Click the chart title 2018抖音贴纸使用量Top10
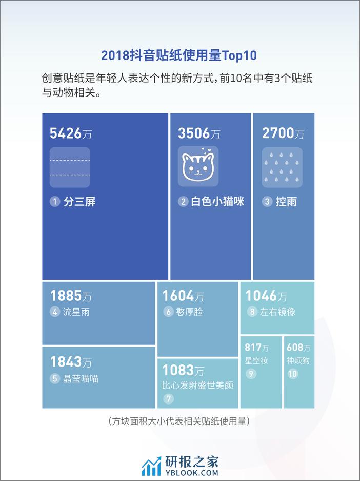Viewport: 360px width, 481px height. coord(179,55)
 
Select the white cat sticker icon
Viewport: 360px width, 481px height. coord(198,166)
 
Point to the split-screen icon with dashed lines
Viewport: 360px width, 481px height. coord(70,167)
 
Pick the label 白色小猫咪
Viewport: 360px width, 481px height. coord(217,202)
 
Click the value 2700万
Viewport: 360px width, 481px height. coord(283,133)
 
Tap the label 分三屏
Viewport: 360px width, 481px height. coord(79,202)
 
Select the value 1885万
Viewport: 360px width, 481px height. coord(71,296)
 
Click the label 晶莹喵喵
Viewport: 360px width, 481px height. coord(81,379)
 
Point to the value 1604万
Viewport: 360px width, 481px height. coord(183,296)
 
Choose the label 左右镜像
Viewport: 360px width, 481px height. coord(277,311)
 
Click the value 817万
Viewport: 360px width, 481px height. coord(256,348)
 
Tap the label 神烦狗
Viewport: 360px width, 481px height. coord(298,360)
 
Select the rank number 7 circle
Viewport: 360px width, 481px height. coord(168,398)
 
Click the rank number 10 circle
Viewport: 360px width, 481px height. coord(293,374)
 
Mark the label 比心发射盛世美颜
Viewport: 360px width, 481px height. coord(197,384)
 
